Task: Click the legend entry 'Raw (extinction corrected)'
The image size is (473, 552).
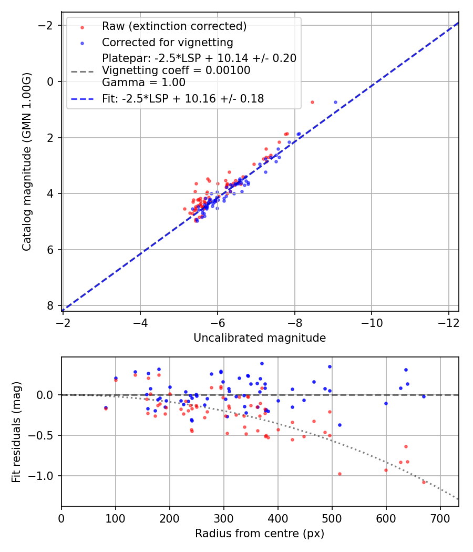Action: (174, 26)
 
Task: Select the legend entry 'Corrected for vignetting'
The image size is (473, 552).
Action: (167, 42)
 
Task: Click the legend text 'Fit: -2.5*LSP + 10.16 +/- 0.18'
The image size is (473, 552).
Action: (183, 98)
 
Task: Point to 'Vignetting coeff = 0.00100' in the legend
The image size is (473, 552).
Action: (176, 70)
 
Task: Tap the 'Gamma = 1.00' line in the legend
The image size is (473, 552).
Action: (143, 82)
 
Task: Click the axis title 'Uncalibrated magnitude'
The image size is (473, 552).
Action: (260, 338)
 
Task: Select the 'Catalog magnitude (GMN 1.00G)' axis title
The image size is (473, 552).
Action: (27, 161)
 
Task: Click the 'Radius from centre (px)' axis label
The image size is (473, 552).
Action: (260, 534)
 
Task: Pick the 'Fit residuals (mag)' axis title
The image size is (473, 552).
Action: (16, 432)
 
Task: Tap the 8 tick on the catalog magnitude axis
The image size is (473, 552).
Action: (52, 306)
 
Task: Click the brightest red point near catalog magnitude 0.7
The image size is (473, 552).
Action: (312, 102)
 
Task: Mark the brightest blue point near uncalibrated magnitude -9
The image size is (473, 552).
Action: (335, 102)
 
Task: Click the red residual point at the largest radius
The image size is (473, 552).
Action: (424, 482)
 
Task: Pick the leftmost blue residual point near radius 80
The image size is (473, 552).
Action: (106, 407)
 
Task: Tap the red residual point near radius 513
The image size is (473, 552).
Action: (340, 474)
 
